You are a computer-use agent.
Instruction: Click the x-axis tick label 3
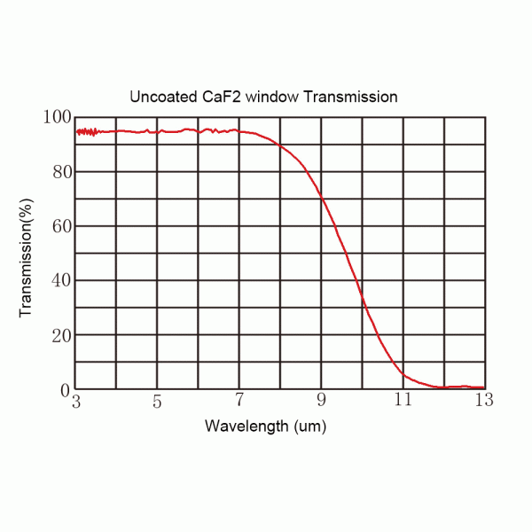tap(76, 403)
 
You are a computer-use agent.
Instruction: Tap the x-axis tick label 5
tap(157, 403)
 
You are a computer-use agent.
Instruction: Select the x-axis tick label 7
tap(239, 403)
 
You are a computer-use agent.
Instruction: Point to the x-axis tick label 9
tap(322, 403)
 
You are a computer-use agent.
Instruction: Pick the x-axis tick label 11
tap(403, 403)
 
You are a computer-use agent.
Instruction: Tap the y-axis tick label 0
tap(64, 390)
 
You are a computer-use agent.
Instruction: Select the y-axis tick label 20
tap(59, 335)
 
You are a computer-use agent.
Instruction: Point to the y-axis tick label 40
tap(59, 280)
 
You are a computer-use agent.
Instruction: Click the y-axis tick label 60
tap(59, 226)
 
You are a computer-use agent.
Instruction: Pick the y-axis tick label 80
tap(59, 171)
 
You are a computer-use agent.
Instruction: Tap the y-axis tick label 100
tap(56, 117)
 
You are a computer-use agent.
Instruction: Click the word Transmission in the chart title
tap(349, 96)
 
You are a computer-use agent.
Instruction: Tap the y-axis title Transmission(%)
tap(26, 253)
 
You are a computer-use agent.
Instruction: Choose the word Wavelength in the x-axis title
tap(243, 426)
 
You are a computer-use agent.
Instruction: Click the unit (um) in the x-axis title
tap(306, 426)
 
